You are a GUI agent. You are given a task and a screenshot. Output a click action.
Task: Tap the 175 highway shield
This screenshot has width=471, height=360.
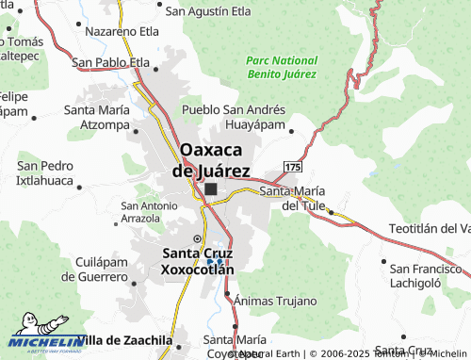(292, 167)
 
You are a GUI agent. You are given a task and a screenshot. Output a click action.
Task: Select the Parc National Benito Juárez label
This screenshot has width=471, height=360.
(281, 66)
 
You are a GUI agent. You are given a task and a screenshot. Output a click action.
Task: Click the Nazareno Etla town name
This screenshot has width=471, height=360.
(122, 31)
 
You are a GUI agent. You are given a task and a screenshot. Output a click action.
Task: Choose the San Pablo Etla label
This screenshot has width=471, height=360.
(111, 63)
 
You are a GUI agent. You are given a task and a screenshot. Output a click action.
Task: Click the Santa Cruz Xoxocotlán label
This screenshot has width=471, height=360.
(197, 260)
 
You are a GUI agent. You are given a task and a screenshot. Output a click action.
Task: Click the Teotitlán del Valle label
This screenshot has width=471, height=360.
(429, 229)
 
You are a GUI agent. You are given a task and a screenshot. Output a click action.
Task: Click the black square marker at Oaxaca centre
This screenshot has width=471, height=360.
(210, 189)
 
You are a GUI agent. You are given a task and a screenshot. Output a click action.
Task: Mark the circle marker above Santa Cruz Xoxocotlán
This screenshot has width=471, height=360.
(197, 238)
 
